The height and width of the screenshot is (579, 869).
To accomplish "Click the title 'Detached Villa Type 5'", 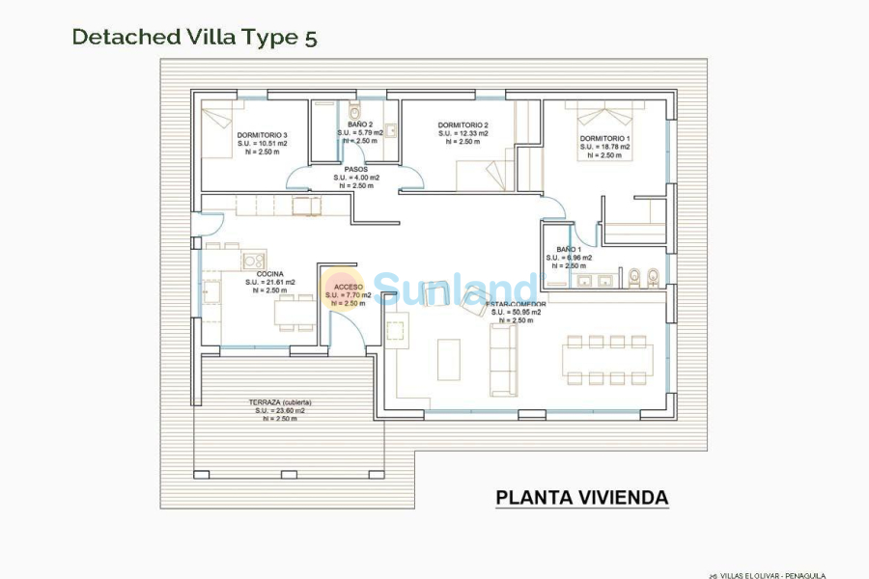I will (194, 38).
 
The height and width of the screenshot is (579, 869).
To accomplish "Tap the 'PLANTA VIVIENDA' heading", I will (581, 498).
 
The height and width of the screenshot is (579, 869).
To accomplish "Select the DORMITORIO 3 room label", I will (262, 135).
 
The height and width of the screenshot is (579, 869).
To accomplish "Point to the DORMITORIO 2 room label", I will (463, 125).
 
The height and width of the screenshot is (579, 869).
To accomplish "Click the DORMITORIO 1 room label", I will (605, 138).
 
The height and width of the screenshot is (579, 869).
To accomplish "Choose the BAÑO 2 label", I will (360, 124).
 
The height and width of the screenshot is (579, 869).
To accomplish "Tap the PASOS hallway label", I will (356, 169).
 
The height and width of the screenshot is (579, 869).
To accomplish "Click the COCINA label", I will (269, 274).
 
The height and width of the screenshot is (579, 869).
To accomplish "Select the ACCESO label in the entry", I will (349, 287).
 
